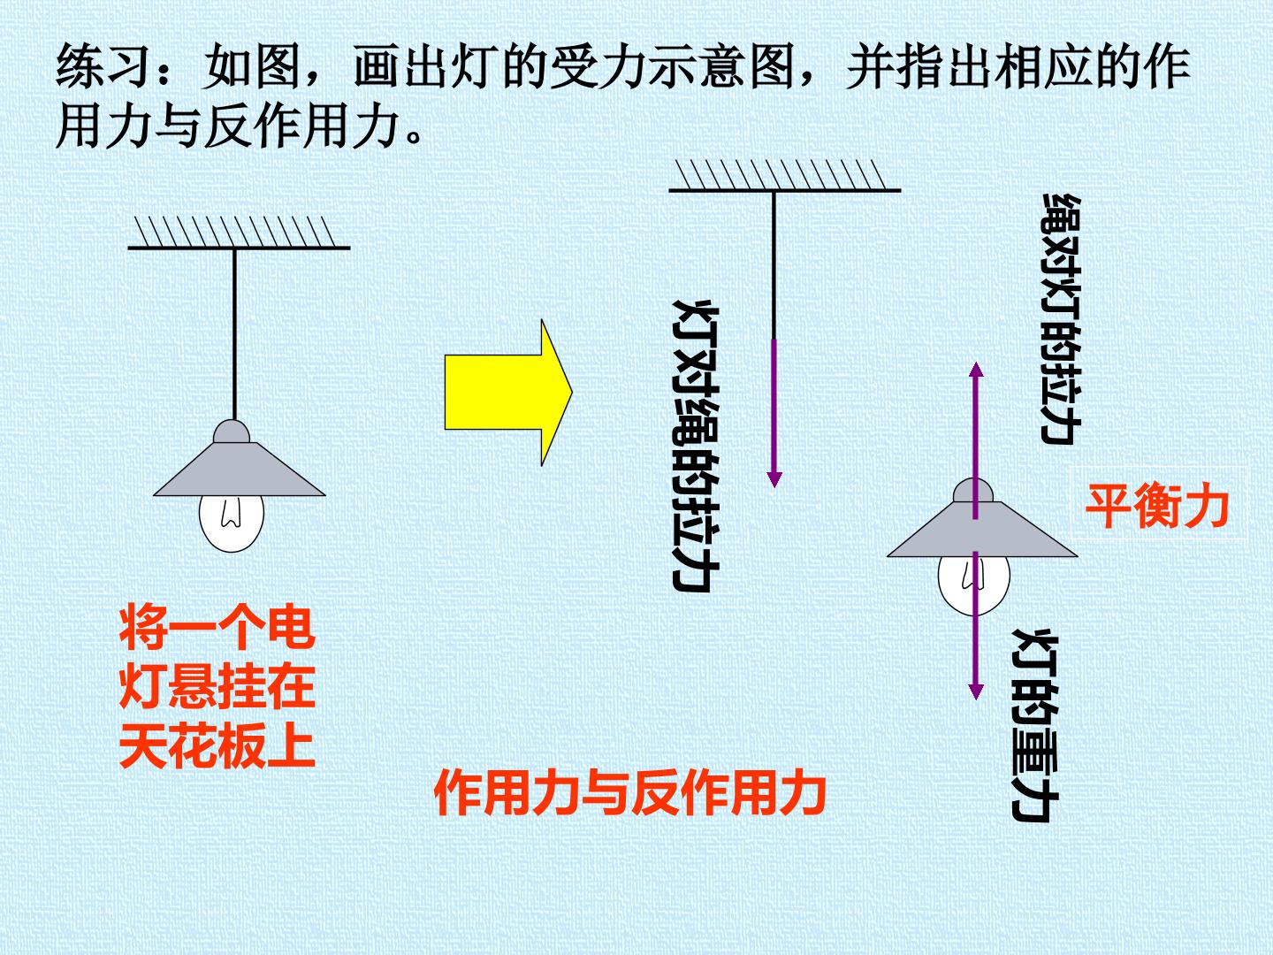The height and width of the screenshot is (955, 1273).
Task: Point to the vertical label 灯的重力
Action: point(1035,724)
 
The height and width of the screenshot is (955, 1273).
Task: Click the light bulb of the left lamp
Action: point(232,523)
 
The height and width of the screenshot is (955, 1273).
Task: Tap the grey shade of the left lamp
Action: point(239,469)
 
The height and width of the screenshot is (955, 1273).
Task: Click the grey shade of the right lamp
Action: point(982,529)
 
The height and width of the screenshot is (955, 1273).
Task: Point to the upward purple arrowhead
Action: point(976,370)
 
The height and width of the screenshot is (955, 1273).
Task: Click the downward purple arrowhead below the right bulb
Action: point(976,691)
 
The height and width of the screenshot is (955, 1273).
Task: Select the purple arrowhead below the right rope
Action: point(774,479)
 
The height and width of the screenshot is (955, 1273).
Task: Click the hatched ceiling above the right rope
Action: point(785,176)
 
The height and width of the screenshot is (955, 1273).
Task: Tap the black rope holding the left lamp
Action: point(234,334)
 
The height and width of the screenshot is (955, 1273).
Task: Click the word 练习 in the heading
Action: point(104,67)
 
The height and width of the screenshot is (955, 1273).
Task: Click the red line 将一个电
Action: point(217,629)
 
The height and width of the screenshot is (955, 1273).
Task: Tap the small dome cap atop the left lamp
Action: point(232,432)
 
